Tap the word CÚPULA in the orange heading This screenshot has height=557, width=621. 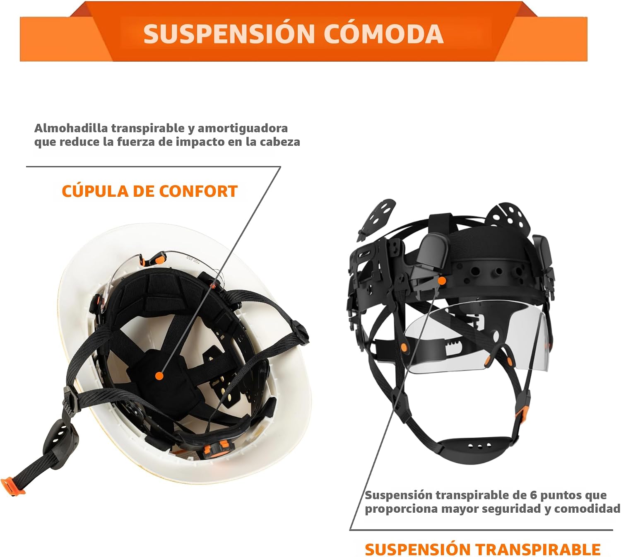point(95,191)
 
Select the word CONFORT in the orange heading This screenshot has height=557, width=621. point(198,191)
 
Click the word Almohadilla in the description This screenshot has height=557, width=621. point(71,128)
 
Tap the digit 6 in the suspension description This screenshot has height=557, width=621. point(533,495)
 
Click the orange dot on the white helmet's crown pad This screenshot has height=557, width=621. point(159,376)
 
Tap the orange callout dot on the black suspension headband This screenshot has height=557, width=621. point(442,280)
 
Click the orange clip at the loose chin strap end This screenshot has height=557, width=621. point(13,487)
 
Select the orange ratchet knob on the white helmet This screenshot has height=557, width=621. point(218,449)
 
